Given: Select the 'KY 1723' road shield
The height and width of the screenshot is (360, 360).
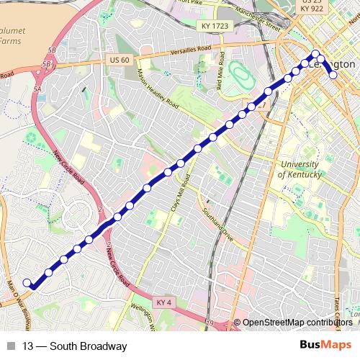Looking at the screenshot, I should [x=210, y=25].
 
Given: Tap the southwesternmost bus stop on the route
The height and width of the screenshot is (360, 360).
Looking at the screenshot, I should [x=27, y=283].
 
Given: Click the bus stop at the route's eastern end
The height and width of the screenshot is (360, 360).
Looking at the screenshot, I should [x=333, y=74].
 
